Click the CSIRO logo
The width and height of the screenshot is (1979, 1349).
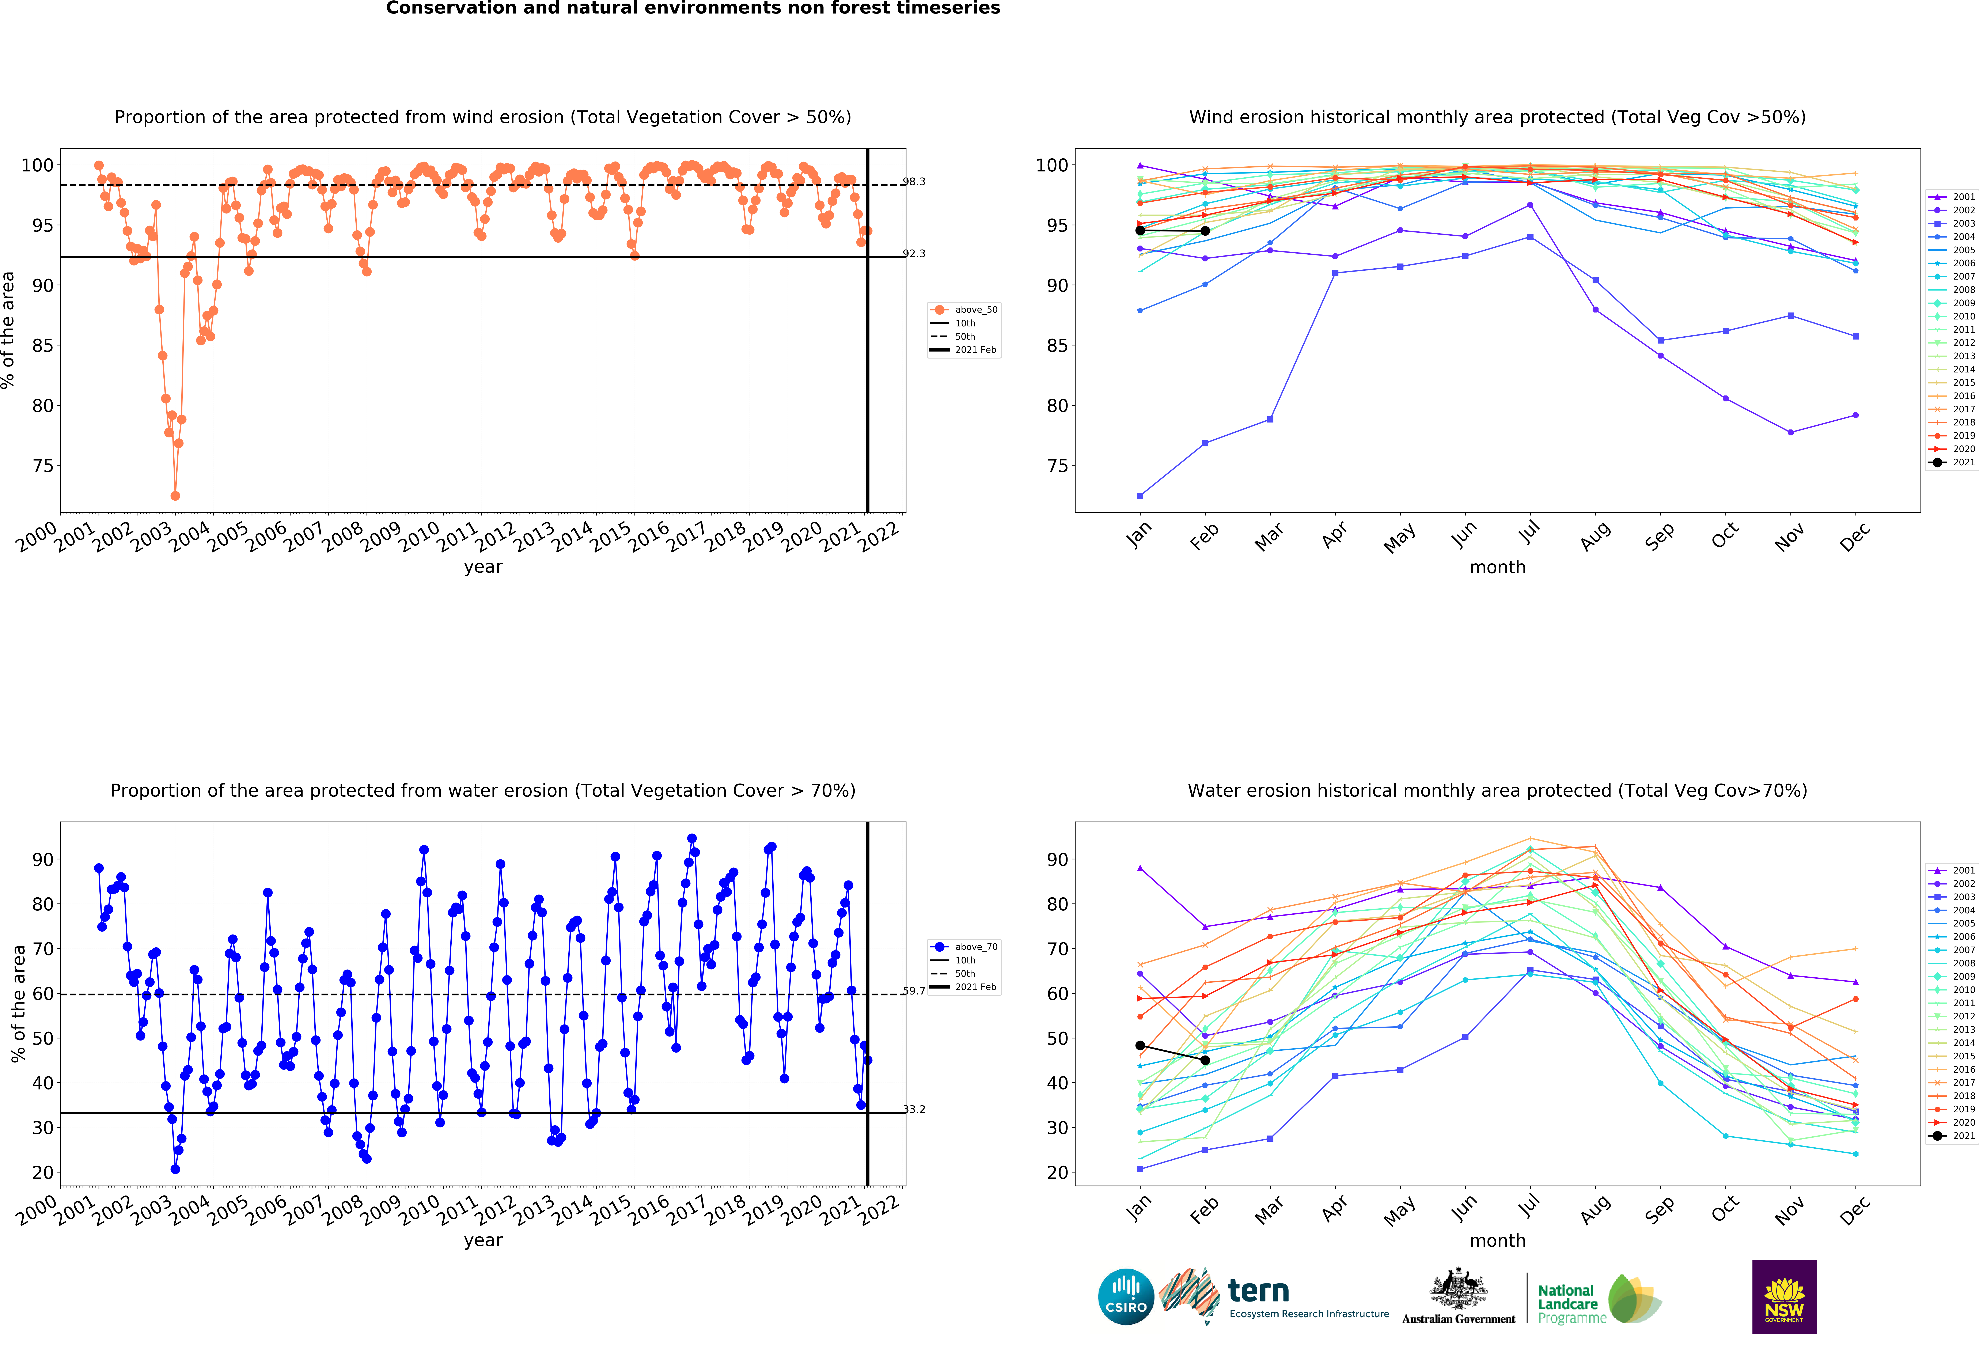click(1126, 1297)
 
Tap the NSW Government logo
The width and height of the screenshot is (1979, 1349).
click(1784, 1296)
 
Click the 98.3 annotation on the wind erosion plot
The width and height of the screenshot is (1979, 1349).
click(914, 181)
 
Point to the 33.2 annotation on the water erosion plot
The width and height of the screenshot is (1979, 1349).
click(914, 1109)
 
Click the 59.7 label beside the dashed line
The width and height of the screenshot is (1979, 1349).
click(914, 990)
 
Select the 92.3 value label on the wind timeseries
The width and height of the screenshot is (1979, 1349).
click(914, 253)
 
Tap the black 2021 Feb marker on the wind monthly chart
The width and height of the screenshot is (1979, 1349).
click(1205, 231)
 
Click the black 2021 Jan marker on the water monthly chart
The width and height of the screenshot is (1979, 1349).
click(1140, 1045)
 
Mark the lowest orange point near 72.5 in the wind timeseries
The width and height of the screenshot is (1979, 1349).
click(175, 496)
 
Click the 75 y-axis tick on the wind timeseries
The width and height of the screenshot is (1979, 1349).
click(43, 466)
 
